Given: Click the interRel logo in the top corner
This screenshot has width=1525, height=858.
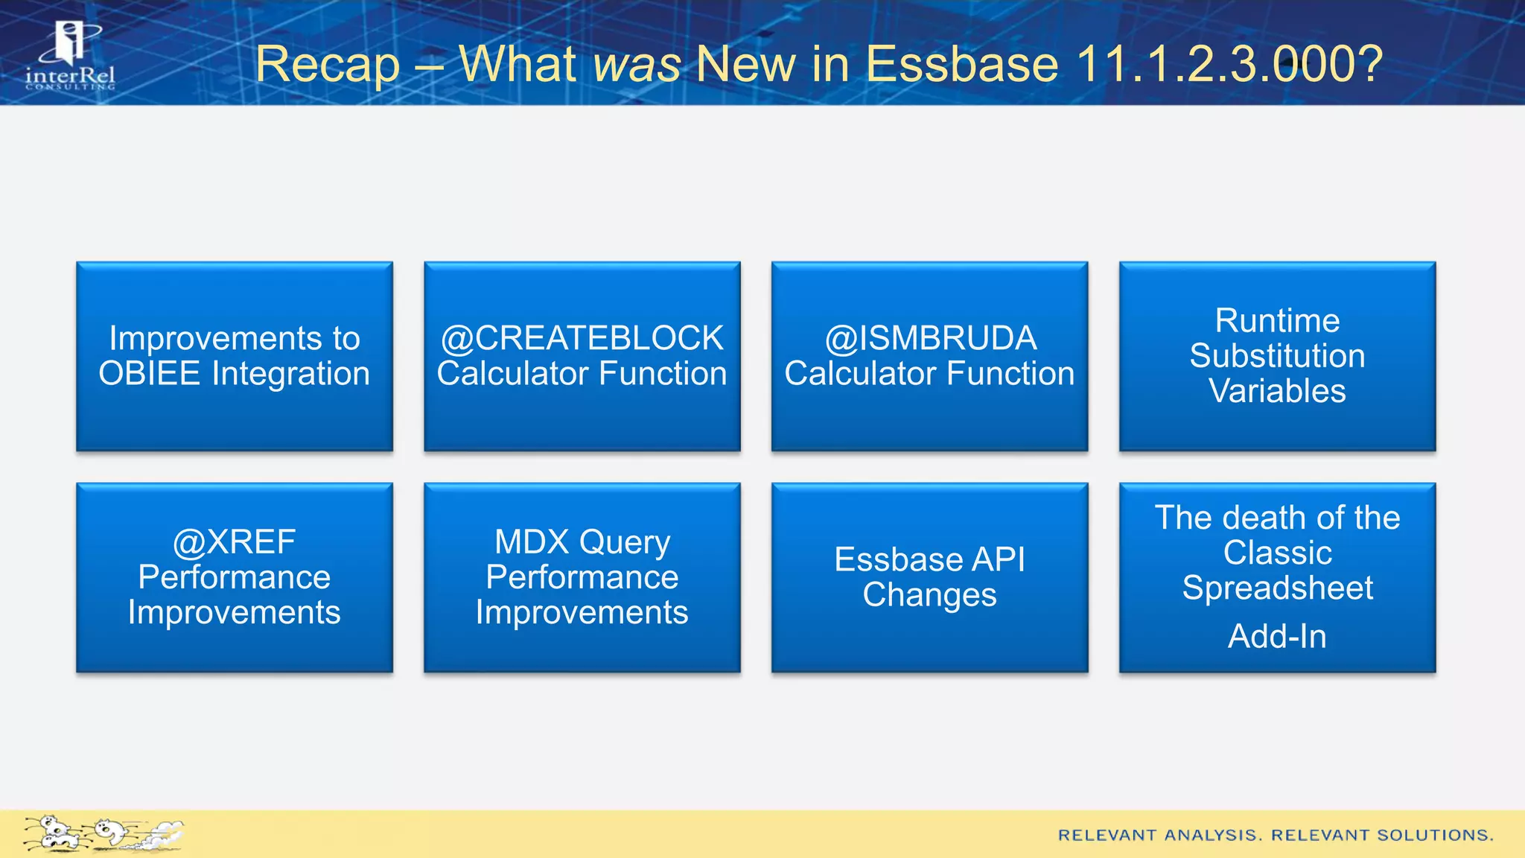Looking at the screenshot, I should (x=70, y=57).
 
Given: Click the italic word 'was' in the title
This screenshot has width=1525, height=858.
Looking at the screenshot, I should (x=637, y=64).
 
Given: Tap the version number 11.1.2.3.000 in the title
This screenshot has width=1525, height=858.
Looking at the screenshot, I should (x=1229, y=64).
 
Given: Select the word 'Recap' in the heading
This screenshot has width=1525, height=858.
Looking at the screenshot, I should (x=328, y=64).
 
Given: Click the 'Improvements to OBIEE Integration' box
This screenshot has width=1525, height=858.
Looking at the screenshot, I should (x=235, y=356).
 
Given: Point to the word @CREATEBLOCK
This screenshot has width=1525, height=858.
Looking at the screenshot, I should (x=582, y=339).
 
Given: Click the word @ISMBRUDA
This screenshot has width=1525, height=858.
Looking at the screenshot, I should (x=930, y=339).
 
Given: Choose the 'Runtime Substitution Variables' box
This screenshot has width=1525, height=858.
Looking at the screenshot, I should (x=1277, y=356).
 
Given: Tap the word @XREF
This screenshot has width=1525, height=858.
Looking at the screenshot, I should (x=235, y=542).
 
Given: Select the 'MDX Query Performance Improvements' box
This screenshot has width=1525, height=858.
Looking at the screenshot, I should (x=582, y=577).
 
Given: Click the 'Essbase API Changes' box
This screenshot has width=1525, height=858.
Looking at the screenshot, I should (x=929, y=577).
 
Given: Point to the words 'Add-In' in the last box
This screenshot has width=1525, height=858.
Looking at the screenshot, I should (x=1277, y=637).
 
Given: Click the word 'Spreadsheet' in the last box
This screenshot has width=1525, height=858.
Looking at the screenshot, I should (x=1277, y=588).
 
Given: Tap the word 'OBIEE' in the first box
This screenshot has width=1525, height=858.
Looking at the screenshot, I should (x=149, y=374).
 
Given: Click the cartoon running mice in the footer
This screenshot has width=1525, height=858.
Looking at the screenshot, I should (x=103, y=833).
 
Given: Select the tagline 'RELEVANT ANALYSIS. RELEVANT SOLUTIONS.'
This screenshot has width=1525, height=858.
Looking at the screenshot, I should (x=1276, y=836).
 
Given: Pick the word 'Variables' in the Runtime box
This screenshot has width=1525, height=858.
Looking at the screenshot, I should (x=1277, y=392).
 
